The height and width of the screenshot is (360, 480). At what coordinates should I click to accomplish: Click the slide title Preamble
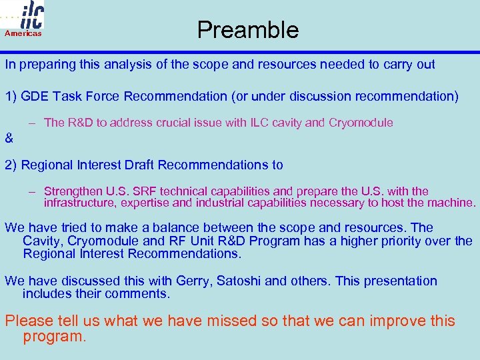(247, 30)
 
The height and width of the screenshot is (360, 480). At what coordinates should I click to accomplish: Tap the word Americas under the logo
(23, 33)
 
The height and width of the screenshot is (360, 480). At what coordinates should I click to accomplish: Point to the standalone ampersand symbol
(9, 139)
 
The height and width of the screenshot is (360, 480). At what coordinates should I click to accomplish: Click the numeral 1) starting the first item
(11, 96)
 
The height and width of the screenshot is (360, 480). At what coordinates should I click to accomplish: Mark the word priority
(403, 241)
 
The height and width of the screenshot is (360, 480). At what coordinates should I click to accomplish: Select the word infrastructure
(77, 203)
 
